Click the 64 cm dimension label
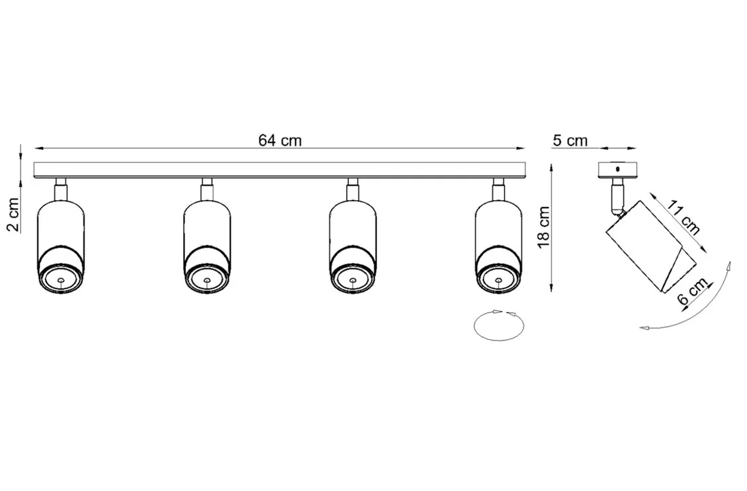click(x=280, y=140)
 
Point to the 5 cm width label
click(x=570, y=140)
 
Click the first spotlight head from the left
click(x=60, y=244)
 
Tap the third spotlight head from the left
click(x=353, y=244)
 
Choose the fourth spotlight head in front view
click(x=499, y=244)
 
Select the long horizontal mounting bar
click(x=280, y=170)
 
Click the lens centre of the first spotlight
click(x=60, y=279)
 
